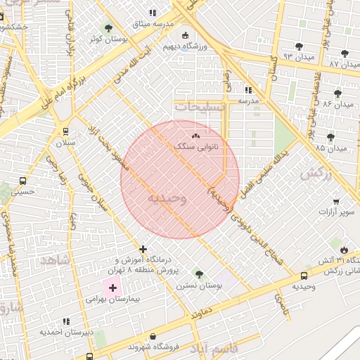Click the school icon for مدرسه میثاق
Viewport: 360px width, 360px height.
pos(153,13)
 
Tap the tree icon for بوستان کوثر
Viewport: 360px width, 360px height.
pos(108,29)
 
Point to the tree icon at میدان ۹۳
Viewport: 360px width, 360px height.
pos(299,46)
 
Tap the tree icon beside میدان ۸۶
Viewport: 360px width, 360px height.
pos(337,93)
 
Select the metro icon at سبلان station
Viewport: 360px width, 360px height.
pos(65,130)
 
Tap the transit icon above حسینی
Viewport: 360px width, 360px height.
pos(22,180)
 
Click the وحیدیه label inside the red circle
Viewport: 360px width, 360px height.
pos(167,199)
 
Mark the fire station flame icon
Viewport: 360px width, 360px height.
pos(343,250)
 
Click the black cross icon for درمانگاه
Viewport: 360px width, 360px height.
pos(143,249)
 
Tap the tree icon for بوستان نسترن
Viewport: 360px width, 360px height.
pos(200,274)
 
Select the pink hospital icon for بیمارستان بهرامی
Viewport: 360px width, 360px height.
pos(112,288)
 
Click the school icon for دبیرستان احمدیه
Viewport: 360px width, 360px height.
pos(65,320)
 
